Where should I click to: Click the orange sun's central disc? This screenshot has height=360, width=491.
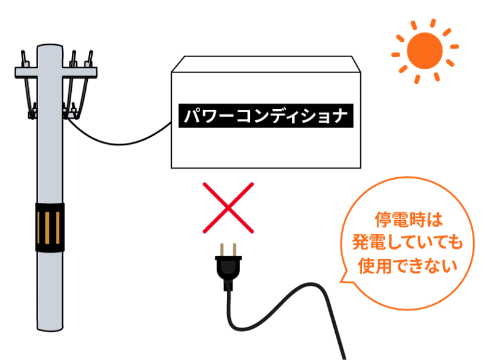pos(425,51)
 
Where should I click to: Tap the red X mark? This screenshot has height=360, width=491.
pos(228,208)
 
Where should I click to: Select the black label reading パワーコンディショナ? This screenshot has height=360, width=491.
pos(266,116)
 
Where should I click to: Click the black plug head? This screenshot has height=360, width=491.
pos(228,269)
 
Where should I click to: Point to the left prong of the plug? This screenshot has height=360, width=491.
pos(222,250)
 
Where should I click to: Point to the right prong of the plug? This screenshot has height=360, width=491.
pos(234,250)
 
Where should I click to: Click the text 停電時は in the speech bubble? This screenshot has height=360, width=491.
pos(409,220)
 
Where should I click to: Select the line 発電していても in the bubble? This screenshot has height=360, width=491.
pos(408,242)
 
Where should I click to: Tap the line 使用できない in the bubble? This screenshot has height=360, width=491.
pos(408,266)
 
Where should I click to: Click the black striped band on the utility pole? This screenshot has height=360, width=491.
pos(50,228)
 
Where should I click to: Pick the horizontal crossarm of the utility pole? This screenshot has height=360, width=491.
pos(56,72)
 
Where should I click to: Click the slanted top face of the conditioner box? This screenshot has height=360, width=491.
pos(266,64)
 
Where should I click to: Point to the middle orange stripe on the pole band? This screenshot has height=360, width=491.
pos(47,228)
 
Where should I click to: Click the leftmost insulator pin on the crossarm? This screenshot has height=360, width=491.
pos(24,59)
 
